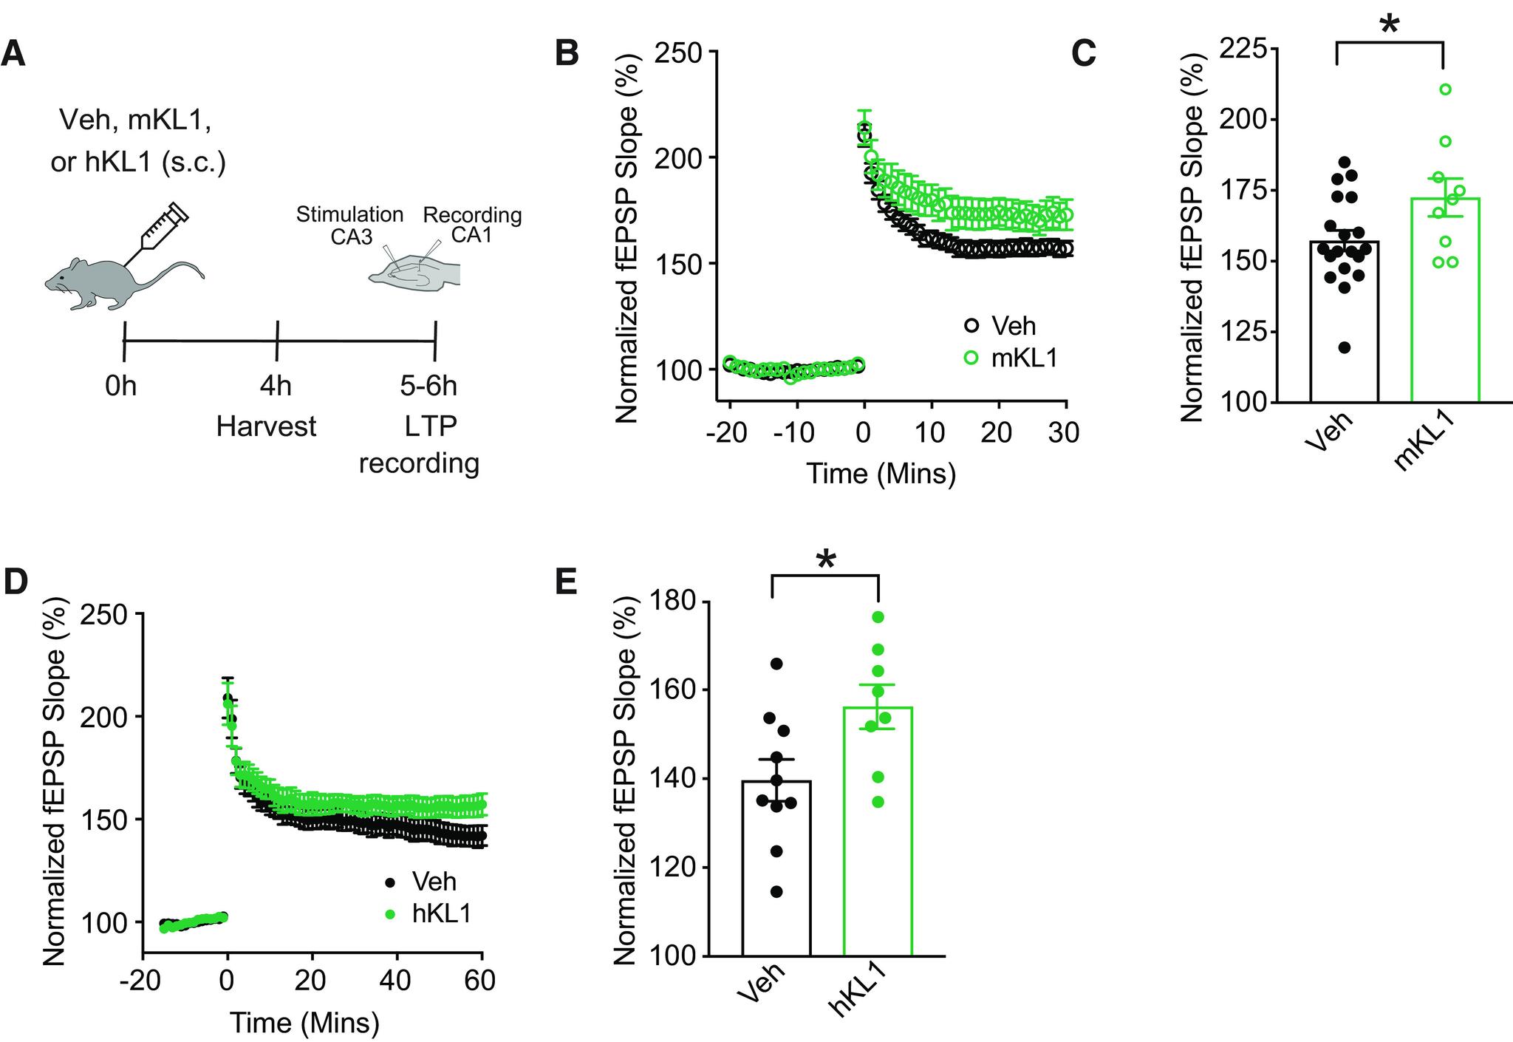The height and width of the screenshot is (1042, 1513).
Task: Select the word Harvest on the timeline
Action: click(x=266, y=426)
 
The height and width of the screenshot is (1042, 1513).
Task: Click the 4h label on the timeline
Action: click(x=275, y=386)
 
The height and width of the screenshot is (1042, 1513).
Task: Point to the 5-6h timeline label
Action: click(x=428, y=386)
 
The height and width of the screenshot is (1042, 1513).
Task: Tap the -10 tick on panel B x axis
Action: click(x=795, y=432)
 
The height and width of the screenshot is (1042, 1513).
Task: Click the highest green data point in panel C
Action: click(x=1445, y=89)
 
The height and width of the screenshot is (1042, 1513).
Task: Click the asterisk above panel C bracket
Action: click(x=1389, y=24)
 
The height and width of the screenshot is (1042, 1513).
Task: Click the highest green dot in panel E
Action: click(x=878, y=616)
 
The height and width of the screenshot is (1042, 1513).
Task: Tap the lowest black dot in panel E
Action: click(x=776, y=892)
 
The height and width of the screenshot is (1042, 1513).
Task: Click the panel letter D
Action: click(x=16, y=582)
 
